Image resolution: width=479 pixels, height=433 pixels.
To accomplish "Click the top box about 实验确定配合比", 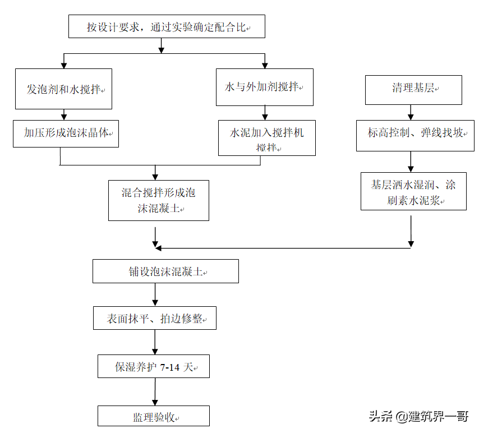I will coord(167,26).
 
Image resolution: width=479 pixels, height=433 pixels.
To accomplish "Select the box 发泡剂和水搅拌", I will coord(63,89).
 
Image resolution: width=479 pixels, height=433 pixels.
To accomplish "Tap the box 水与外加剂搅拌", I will coord(265,87).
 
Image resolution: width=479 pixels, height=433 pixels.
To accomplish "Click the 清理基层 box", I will coord(413,89).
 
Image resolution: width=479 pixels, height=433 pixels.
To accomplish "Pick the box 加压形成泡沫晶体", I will coord(66,133).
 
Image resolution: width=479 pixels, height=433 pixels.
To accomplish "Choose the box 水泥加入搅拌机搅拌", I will coord(266,138).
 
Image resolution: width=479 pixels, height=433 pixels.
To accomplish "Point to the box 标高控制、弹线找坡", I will coord(411,134).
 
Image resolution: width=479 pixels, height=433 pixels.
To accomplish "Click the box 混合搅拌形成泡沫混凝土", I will coord(158,200).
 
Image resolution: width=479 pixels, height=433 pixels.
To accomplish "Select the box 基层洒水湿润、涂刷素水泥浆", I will coord(413,191).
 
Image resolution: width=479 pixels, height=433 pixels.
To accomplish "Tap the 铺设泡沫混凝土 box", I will coord(165,271).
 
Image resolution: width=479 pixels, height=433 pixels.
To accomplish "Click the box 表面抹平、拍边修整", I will coord(154,319).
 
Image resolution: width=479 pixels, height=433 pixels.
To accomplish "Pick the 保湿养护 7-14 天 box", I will coord(153,367).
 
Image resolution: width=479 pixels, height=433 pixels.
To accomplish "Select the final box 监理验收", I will coord(153,416).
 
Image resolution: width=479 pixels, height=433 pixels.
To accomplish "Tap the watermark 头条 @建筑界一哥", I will coord(418,416).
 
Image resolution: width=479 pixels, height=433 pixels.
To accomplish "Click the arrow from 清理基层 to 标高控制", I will coord(411,112).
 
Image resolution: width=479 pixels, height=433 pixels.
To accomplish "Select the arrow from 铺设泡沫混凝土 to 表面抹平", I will coord(155,294).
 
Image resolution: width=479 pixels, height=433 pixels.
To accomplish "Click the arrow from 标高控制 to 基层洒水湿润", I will coord(411,162).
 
